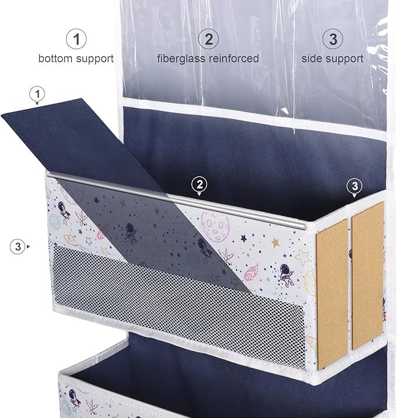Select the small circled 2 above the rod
coord(200,184)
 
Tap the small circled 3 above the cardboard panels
coord(354,186)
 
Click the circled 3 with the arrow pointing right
coord(18,247)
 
